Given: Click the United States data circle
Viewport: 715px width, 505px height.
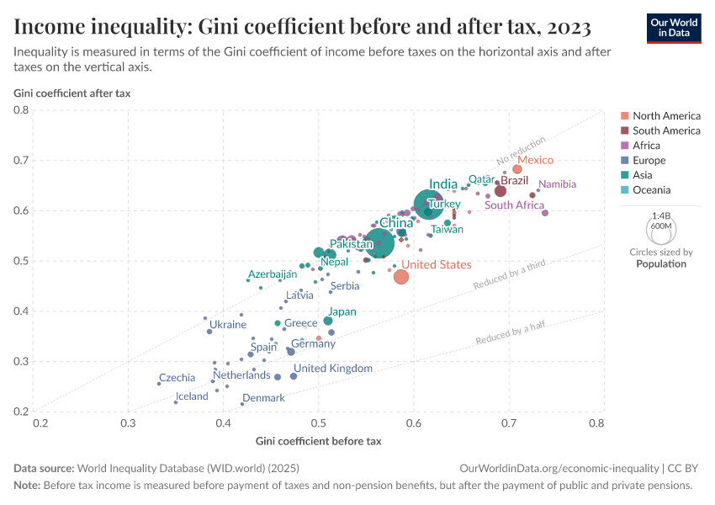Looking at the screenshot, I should (x=400, y=277).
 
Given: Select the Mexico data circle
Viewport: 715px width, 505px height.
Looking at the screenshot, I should (x=517, y=169).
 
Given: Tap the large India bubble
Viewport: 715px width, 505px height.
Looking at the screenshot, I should (x=430, y=203).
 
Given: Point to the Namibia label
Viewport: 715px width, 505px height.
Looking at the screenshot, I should (x=558, y=184).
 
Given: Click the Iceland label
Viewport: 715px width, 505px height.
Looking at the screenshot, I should (x=192, y=396).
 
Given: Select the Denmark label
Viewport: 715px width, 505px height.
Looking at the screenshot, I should (x=263, y=398).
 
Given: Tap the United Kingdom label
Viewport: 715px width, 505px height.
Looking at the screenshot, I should (x=333, y=369).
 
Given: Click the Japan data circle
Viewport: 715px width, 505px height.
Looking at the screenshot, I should (x=328, y=321).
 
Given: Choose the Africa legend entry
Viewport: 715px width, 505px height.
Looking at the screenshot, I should (x=647, y=146).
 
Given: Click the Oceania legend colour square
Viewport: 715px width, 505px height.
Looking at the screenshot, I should (x=624, y=190).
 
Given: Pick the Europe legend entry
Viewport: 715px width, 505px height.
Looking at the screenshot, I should (x=649, y=160).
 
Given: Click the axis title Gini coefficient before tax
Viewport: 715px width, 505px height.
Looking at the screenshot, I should (x=318, y=441).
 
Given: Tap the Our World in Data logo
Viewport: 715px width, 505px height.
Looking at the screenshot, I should (x=674, y=27).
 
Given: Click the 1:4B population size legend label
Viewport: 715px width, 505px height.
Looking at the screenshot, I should (x=661, y=215).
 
